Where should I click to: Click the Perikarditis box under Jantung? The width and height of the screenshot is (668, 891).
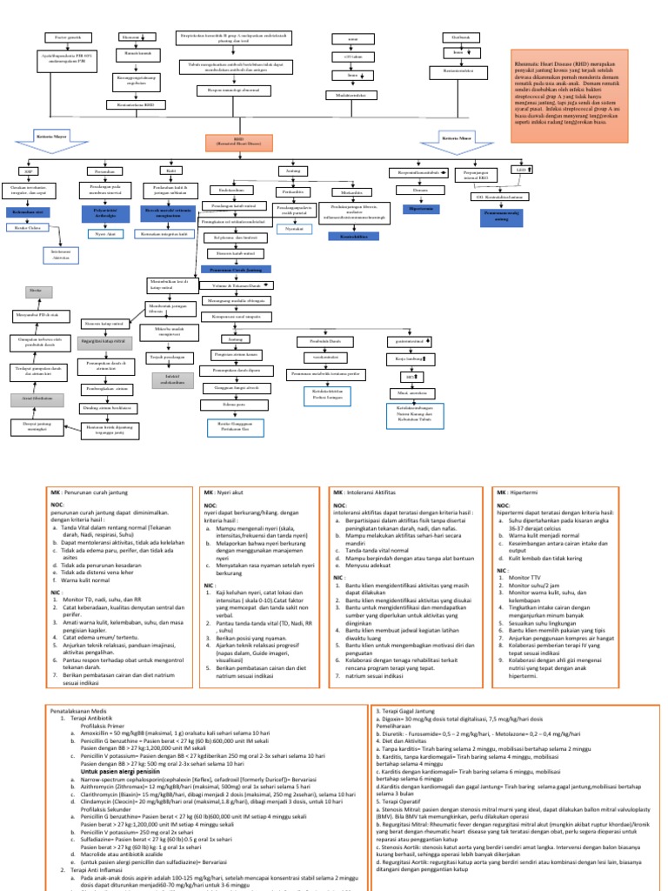pyautogui.click(x=291, y=191)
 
